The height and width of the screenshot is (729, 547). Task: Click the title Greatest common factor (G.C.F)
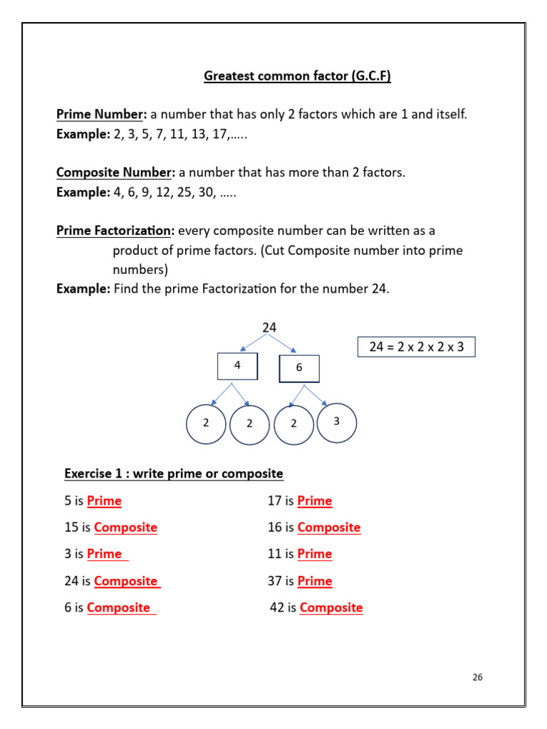tap(297, 76)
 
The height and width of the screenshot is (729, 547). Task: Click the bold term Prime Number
tap(101, 114)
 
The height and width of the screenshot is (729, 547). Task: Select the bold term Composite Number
tap(115, 172)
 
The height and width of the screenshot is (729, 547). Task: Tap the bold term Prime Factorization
tap(115, 231)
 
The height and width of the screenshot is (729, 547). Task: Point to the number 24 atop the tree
tap(269, 327)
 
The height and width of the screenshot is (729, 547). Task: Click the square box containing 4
tap(237, 366)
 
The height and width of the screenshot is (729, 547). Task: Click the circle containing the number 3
tap(336, 422)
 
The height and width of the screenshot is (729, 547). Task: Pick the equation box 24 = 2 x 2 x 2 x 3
tap(416, 347)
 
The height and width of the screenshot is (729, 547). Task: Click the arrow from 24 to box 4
tap(254, 342)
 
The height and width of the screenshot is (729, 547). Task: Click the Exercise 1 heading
tap(174, 473)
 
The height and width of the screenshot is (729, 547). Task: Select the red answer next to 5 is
tap(104, 501)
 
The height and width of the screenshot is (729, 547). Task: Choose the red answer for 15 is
tap(125, 528)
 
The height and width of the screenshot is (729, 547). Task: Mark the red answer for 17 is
tap(315, 501)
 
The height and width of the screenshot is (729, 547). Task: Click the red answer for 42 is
tap(331, 608)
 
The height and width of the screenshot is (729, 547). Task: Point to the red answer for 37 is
tap(315, 582)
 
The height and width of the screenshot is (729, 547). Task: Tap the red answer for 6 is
tap(119, 608)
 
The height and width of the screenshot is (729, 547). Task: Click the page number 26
tap(477, 677)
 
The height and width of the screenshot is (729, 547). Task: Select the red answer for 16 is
tap(329, 528)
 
